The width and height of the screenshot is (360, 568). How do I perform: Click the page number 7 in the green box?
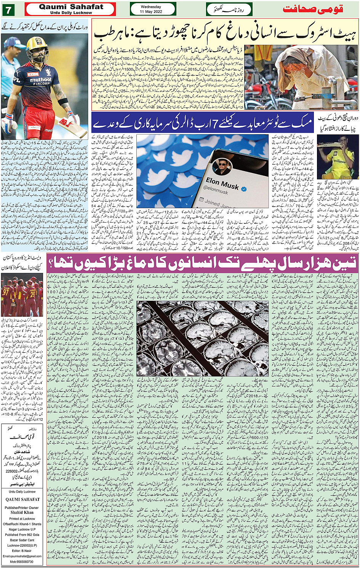(x=8, y=9)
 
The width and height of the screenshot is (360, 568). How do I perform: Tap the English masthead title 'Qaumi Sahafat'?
(x=71, y=7)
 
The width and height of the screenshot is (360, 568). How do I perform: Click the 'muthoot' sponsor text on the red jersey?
(x=40, y=80)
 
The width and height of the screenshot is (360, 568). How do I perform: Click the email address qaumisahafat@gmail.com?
(x=22, y=556)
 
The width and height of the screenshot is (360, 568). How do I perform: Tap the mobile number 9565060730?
(x=22, y=562)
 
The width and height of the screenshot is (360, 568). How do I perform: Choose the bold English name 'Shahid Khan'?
(x=22, y=513)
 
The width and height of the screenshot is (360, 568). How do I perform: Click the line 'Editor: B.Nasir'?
(x=22, y=551)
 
